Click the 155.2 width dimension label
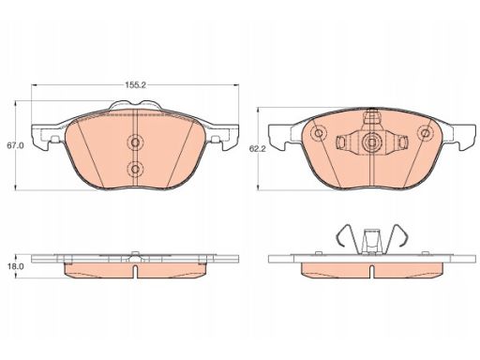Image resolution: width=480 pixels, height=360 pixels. [136, 85]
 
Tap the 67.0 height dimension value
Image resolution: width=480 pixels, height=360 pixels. [15, 145]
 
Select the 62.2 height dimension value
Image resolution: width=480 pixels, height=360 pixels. [257, 149]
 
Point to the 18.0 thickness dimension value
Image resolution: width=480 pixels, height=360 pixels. [15, 266]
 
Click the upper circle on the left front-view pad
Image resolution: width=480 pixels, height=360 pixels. [135, 142]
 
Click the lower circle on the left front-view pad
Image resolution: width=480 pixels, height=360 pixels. [135, 169]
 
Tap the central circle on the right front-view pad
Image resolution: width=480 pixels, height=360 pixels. [371, 142]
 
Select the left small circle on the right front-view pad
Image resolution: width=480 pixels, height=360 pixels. [319, 133]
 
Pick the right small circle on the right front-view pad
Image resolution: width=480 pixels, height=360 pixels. [425, 133]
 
